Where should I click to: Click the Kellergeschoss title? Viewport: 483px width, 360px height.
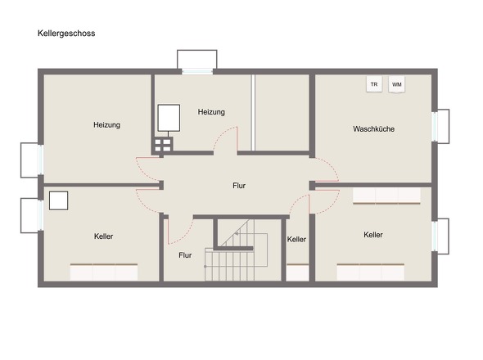[66, 34]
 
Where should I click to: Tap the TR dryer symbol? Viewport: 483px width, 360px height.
[374, 84]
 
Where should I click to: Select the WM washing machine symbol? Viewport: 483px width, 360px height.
[396, 84]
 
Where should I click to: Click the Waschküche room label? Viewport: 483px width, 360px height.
[373, 128]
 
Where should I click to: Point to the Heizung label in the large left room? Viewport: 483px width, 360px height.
[106, 125]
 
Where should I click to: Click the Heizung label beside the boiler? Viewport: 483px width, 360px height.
[211, 112]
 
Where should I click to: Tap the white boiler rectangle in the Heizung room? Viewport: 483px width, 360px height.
[169, 118]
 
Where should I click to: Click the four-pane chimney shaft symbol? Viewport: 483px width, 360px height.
[162, 146]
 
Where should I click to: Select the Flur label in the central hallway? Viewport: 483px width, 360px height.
[239, 186]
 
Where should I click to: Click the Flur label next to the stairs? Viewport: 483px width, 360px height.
[185, 255]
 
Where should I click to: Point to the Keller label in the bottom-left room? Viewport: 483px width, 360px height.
[103, 236]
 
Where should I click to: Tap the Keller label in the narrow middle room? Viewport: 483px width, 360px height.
[296, 239]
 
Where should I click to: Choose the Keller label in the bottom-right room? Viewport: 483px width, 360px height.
[373, 235]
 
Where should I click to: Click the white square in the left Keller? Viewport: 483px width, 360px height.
[58, 200]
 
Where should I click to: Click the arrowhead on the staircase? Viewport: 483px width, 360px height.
[237, 234]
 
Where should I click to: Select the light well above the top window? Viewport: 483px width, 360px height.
[196, 59]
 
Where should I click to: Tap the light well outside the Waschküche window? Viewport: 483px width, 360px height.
[443, 126]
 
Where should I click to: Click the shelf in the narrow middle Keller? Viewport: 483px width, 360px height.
[297, 272]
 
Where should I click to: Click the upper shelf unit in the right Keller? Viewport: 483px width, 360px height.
[386, 196]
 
